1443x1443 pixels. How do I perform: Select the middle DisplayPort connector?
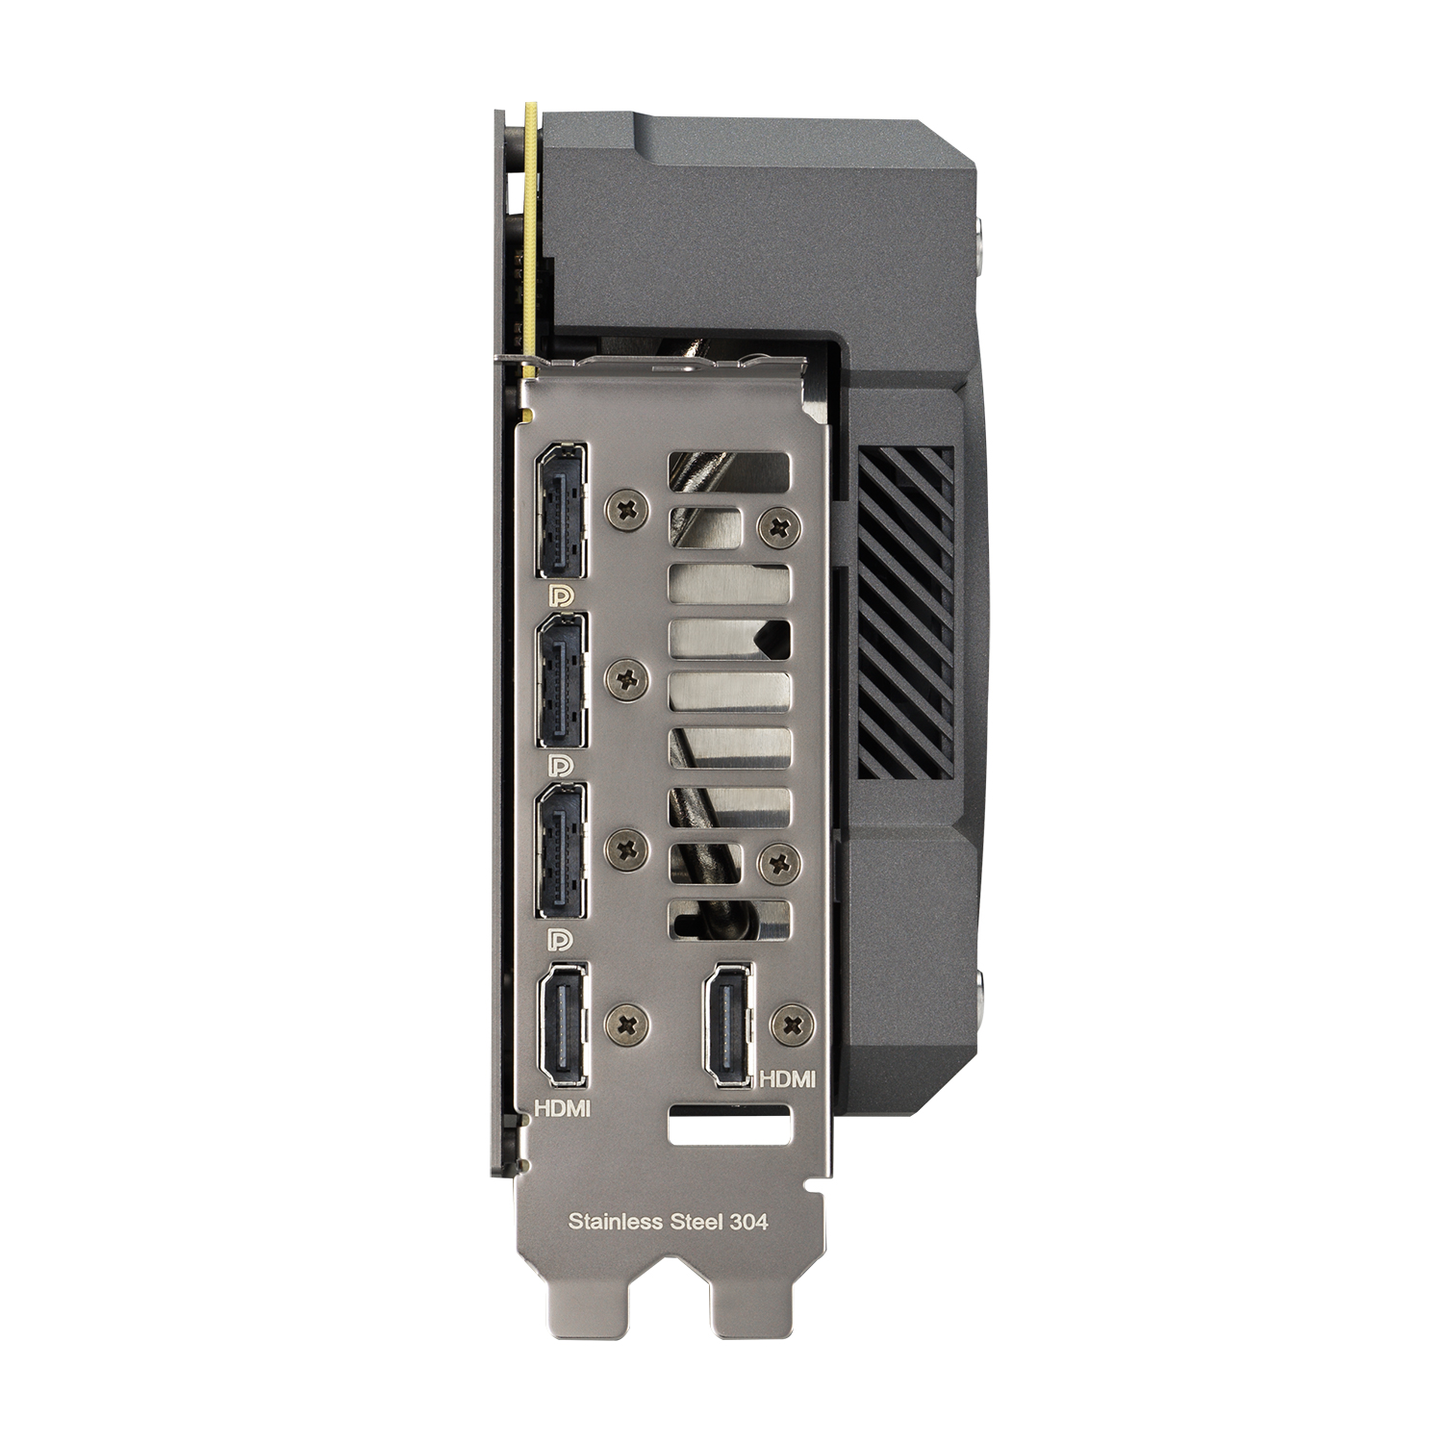563,679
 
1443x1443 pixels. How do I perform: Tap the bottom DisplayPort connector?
563,850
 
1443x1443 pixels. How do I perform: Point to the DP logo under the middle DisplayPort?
560,766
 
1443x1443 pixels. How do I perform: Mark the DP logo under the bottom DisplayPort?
560,939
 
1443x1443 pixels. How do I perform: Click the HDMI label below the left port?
563,1108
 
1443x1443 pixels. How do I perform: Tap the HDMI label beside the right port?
788,1079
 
